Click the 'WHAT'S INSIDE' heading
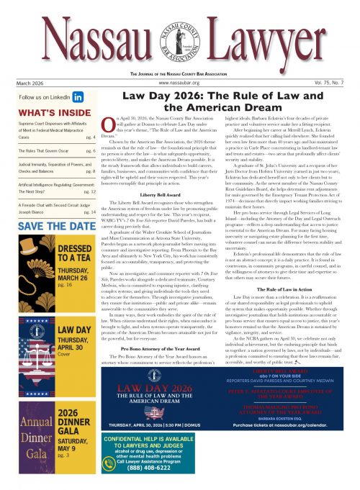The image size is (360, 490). (x=43, y=112)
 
